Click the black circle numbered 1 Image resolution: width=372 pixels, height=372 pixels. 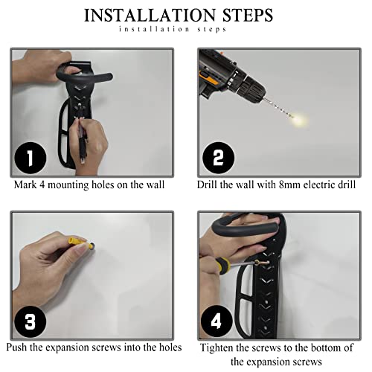pos(31,158)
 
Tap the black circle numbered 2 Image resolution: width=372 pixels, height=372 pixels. pos(219,158)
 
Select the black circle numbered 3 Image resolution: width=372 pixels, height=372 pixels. pos(31,321)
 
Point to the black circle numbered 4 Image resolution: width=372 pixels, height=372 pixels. pos(217,321)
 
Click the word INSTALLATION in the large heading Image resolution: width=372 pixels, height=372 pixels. pos(150,16)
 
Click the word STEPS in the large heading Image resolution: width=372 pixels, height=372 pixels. pos(248,16)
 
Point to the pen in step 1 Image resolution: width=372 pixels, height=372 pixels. pos(82,139)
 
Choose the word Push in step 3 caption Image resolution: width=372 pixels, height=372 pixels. pos(16,347)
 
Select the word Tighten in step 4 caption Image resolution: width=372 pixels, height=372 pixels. pos(217,348)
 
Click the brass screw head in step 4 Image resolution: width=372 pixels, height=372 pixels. pos(262,263)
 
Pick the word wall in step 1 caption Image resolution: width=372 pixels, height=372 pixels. pos(155,185)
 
